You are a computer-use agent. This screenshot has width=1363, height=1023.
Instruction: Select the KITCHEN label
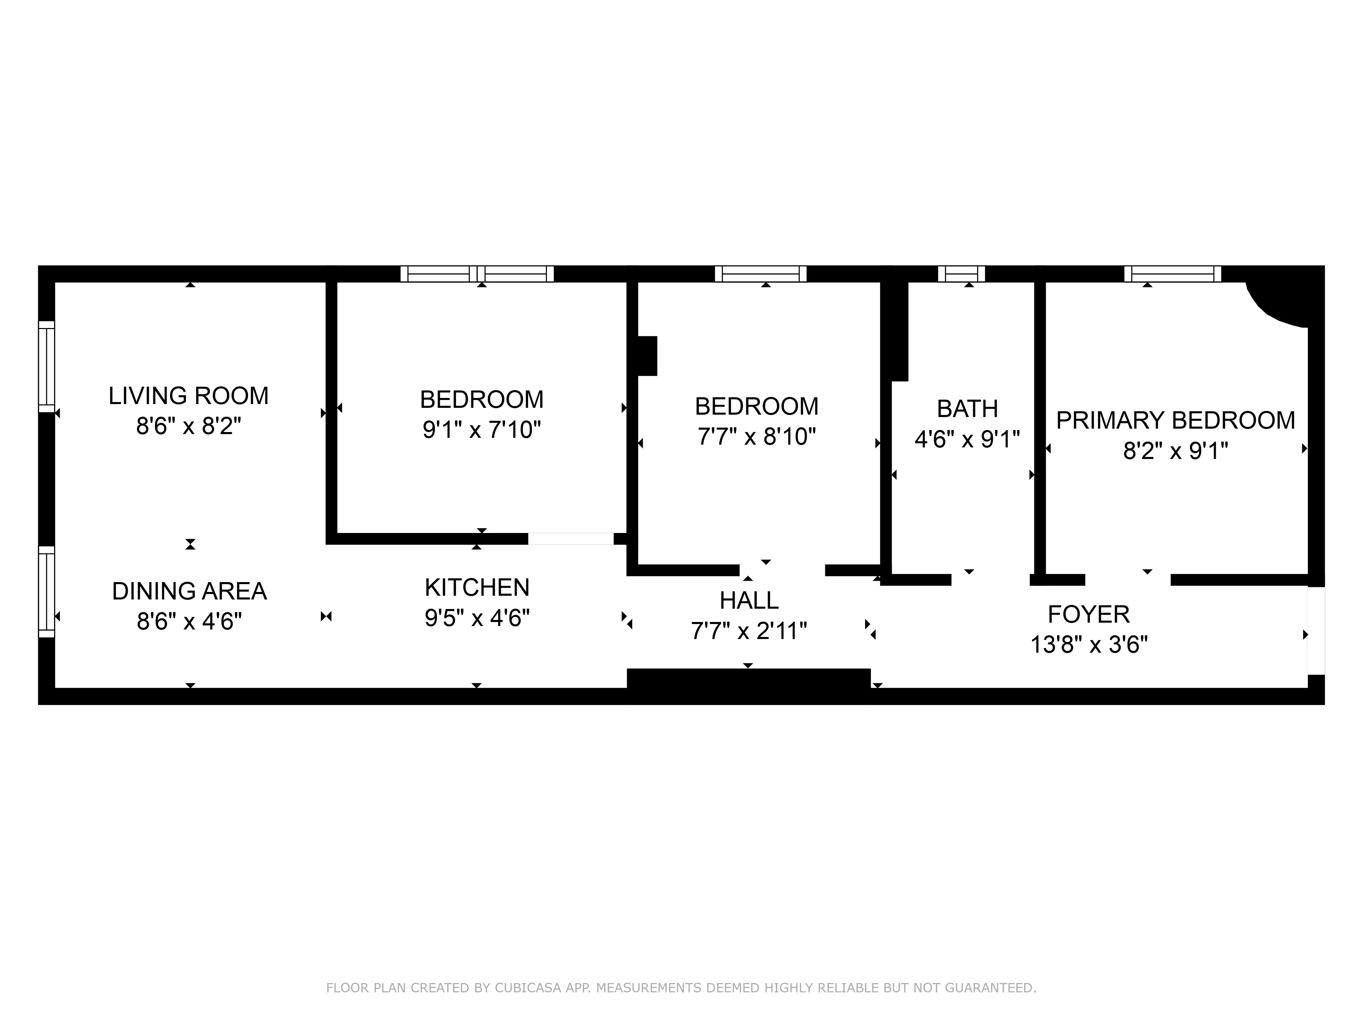click(x=477, y=588)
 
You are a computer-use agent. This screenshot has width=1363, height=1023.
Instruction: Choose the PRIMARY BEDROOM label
click(x=1175, y=420)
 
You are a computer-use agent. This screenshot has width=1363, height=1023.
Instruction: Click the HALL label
click(x=749, y=600)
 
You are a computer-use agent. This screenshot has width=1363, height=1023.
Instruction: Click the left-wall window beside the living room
click(x=47, y=366)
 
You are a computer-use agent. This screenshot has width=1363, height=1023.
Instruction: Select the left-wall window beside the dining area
click(x=47, y=591)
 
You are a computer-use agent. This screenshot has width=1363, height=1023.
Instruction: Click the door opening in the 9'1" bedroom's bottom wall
click(x=571, y=539)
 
